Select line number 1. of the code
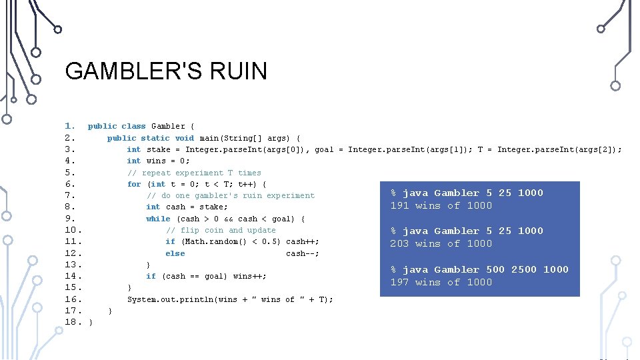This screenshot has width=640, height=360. (70, 126)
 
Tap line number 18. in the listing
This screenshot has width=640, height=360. (73, 322)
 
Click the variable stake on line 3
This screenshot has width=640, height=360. (158, 149)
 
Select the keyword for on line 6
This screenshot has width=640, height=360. (134, 184)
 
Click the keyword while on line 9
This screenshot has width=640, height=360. (158, 219)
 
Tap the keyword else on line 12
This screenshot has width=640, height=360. (175, 253)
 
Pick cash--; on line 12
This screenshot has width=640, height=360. (302, 253)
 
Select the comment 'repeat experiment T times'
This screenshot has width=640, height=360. (194, 173)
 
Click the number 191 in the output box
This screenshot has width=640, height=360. (399, 205)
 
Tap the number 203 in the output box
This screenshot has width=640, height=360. (399, 243)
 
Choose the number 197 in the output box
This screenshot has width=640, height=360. (399, 282)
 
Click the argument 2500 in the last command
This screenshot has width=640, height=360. (524, 269)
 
